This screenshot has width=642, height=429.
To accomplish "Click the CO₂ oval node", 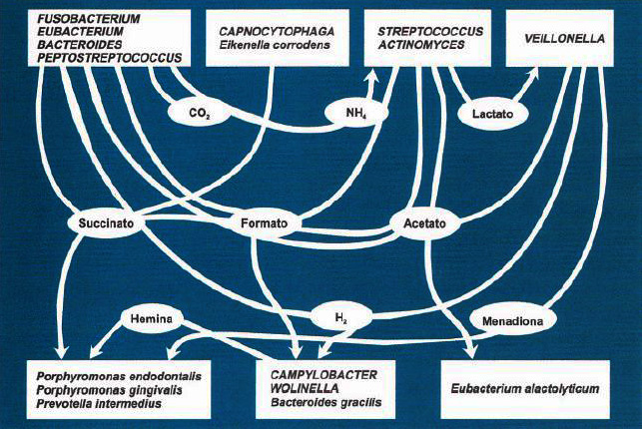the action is (200, 112).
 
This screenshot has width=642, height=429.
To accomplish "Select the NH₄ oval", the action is (356, 112).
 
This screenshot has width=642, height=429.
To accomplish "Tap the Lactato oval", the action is (492, 114).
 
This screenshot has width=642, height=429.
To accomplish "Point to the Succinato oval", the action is (106, 223).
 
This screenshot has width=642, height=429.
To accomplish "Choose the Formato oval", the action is (264, 223).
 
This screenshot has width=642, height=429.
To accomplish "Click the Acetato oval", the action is (424, 223).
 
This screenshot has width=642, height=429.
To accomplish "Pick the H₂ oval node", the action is (341, 316).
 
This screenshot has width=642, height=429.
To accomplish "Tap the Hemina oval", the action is (151, 318).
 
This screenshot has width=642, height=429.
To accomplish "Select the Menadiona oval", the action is (512, 321).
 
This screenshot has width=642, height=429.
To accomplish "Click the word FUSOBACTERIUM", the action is (89, 19).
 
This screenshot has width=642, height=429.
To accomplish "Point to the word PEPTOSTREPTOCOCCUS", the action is (109, 58).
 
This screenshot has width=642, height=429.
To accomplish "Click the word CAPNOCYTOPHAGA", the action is (277, 32).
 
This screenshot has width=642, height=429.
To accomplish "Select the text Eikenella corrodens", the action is (275, 45).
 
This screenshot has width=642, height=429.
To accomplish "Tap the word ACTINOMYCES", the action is (421, 45).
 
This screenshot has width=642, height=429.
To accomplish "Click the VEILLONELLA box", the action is (560, 38).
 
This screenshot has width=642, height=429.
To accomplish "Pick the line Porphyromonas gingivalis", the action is (109, 390).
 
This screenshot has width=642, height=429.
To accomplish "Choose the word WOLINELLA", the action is (305, 388).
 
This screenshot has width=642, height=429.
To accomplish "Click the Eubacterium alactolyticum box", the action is (525, 389).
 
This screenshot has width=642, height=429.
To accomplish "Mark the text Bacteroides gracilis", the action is (325, 402).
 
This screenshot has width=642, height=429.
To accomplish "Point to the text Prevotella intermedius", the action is (99, 404).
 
